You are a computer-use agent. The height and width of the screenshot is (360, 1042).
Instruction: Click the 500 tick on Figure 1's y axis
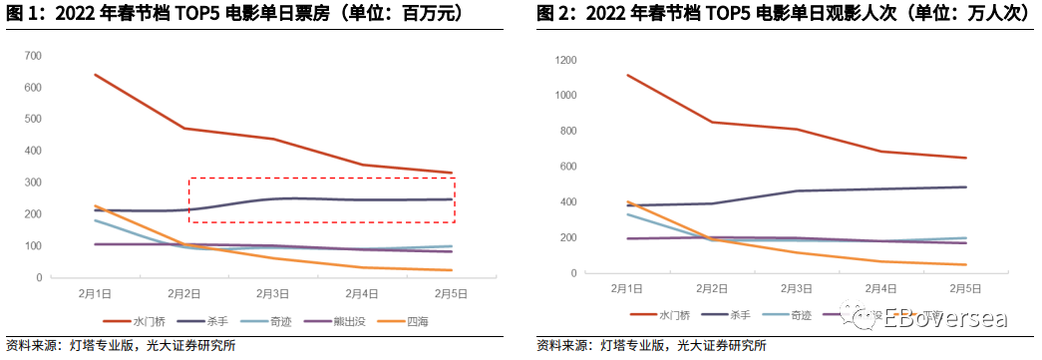coord(33,119)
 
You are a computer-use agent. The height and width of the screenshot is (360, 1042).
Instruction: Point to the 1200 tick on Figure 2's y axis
coord(565,60)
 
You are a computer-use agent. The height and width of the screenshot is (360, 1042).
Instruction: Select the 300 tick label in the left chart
coord(33,182)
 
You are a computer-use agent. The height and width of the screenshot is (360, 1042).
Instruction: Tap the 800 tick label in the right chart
coord(568,131)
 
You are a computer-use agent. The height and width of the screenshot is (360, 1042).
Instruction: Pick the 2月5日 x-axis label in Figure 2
coord(964,287)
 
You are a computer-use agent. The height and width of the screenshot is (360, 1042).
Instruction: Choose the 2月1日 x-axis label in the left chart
coord(95,293)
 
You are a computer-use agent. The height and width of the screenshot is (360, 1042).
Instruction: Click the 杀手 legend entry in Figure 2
coord(740,315)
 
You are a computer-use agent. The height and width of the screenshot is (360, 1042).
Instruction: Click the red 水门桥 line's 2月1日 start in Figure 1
coord(95,75)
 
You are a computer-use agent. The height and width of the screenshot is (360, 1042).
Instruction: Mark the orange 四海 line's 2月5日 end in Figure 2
coord(964,264)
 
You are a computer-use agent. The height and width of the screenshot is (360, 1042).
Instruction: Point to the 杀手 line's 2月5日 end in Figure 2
coord(964,186)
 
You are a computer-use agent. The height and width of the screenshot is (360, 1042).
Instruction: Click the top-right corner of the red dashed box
coord(455,179)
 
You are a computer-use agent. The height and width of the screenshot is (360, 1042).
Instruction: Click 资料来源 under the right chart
coord(562,346)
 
